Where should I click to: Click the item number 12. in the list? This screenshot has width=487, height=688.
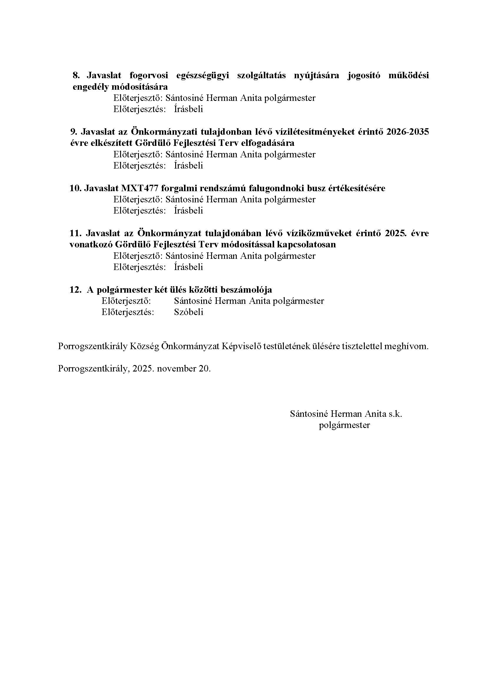[x=76, y=290]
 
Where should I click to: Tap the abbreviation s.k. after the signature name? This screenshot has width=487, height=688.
[x=395, y=414]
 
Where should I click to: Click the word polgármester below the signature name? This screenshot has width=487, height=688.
[x=344, y=425]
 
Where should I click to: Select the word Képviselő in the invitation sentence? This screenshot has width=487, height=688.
[x=241, y=347]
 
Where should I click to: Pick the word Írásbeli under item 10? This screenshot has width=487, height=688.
[x=188, y=211]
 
